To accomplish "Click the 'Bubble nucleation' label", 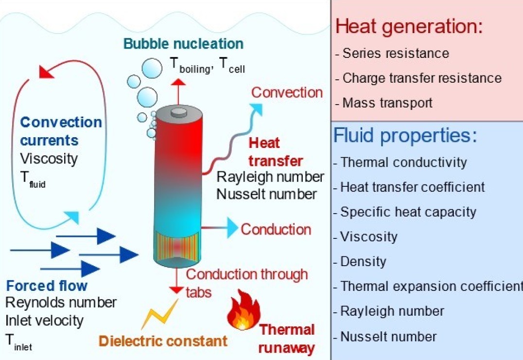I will pyautogui.click(x=183, y=44).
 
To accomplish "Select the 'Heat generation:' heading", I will pyautogui.click(x=409, y=26).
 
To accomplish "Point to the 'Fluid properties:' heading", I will pyautogui.click(x=405, y=136).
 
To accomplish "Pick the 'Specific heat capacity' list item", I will pyautogui.click(x=408, y=212).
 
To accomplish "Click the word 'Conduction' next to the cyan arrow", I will pyautogui.click(x=276, y=229).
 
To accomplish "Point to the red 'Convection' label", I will pyautogui.click(x=287, y=92).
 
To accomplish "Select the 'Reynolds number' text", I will pyautogui.click(x=61, y=303).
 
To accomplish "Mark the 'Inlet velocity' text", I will pyautogui.click(x=44, y=321).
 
